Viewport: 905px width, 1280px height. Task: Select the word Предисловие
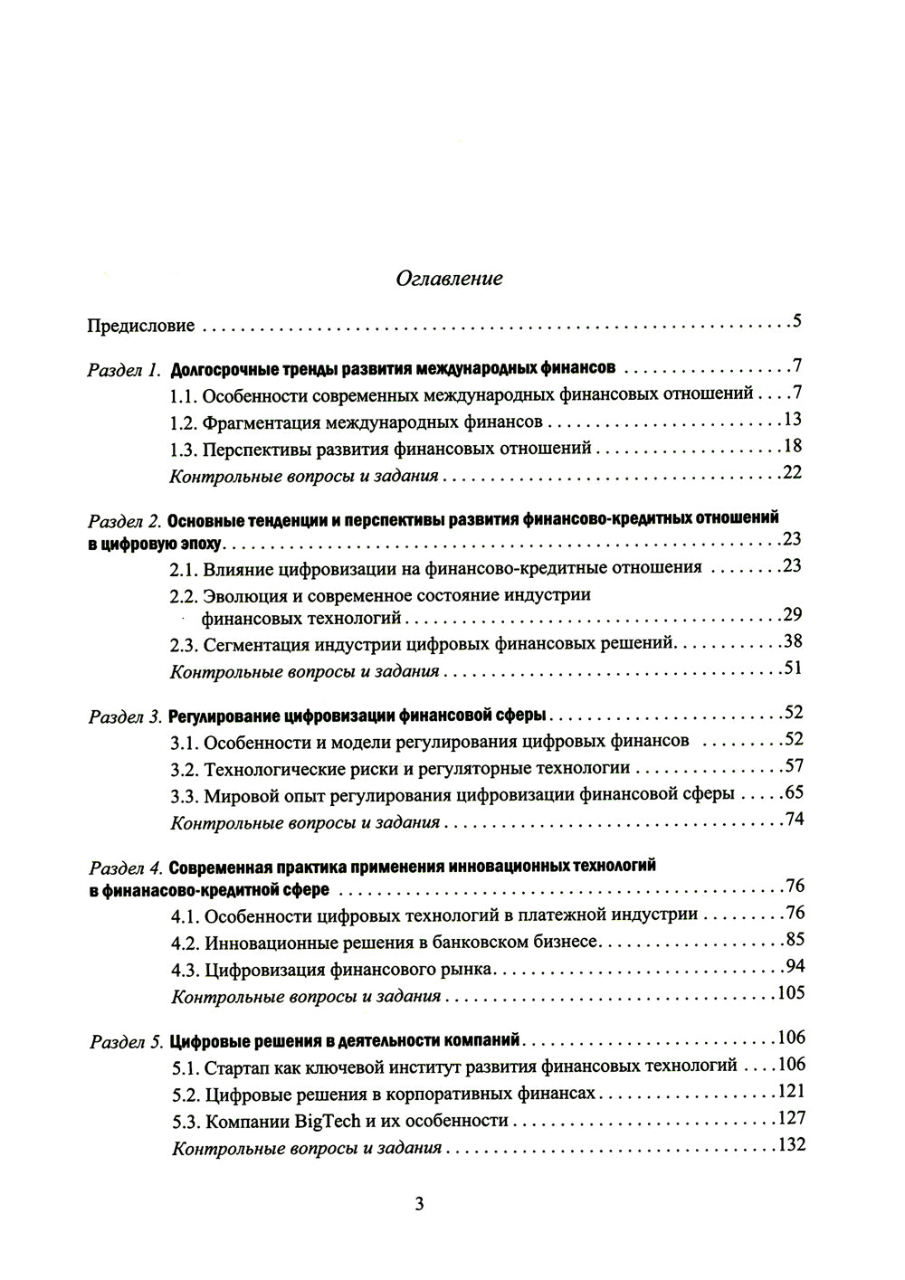point(140,326)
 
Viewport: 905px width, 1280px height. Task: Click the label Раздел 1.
point(125,369)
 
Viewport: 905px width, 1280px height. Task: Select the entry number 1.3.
point(184,448)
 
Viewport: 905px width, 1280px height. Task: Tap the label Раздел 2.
point(125,521)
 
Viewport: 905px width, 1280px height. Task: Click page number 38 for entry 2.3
point(793,641)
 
